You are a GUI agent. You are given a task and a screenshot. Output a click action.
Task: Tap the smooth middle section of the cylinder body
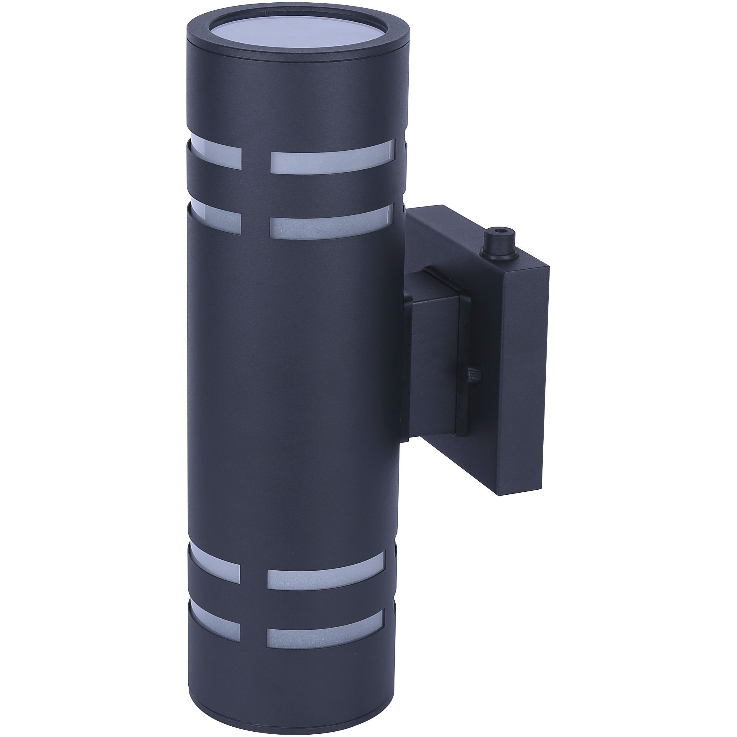tap(290, 401)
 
